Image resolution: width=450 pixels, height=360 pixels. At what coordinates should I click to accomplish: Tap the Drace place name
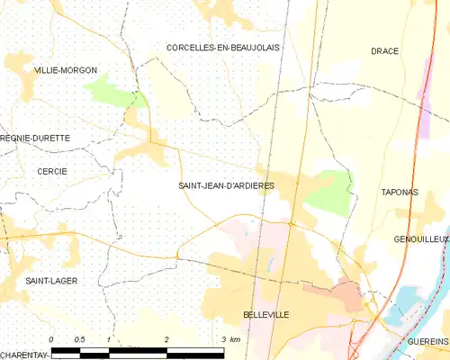(x=385, y=51)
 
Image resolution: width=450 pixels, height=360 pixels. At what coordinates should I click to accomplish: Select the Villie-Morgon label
(x=65, y=69)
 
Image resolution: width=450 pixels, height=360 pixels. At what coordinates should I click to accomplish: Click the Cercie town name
(x=51, y=171)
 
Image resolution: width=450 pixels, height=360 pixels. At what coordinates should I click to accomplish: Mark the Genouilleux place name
(x=420, y=239)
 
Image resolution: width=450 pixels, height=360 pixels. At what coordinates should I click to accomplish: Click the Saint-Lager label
(x=51, y=281)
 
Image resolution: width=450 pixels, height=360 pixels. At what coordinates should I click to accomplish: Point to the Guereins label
(x=427, y=341)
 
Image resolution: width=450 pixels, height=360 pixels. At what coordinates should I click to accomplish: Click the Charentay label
(x=23, y=355)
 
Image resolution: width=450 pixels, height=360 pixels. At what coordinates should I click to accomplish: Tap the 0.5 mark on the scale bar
(x=79, y=339)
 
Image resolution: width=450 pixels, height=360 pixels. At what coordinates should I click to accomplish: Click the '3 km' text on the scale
(x=230, y=339)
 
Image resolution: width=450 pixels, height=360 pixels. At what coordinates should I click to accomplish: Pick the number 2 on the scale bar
(x=166, y=339)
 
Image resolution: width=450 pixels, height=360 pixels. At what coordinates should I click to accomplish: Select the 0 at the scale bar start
(x=52, y=339)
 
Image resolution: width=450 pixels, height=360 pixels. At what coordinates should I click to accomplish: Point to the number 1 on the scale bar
(x=108, y=339)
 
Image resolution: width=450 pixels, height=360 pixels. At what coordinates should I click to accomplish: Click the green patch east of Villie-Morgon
(x=111, y=91)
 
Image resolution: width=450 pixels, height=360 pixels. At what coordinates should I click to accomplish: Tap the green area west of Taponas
(x=331, y=189)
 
